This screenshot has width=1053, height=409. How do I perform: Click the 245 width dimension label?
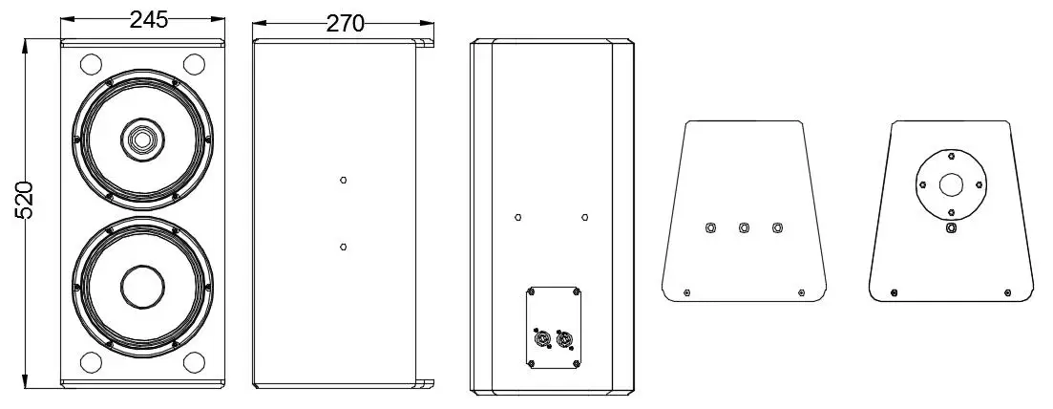148,21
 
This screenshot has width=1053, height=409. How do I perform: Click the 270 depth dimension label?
346,24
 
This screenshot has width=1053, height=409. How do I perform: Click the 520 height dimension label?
24,200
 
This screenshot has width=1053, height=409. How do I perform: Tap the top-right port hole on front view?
194,64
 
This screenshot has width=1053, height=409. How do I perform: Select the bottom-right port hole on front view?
194,362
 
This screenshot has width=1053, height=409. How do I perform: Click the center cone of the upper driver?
141,140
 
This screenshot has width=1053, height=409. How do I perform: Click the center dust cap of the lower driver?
141,285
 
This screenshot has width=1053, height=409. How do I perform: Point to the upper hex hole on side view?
343,180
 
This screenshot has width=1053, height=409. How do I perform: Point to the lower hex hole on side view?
343,247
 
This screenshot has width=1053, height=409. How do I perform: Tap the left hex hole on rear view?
517,217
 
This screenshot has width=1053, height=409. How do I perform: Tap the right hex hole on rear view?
585,217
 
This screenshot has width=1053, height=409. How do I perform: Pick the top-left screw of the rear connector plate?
531,291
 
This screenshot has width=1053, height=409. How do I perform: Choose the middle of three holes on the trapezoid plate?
744,228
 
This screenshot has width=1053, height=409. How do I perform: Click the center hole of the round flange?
950,184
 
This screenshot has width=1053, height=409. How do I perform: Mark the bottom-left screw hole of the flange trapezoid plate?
894,292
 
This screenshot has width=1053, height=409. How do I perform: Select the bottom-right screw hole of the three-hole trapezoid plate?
801,292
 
